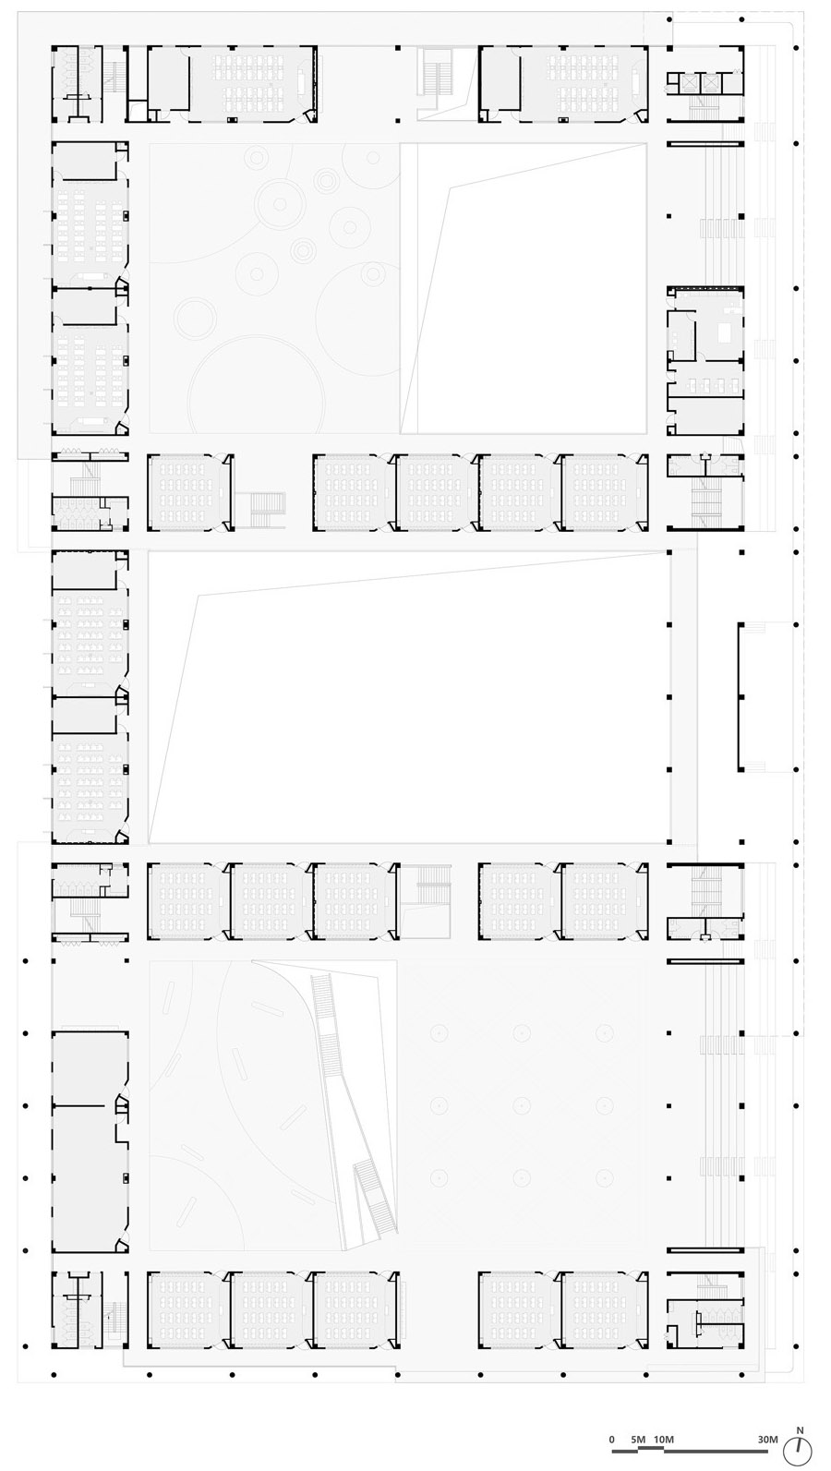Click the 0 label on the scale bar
(611, 1439)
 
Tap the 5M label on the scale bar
(637, 1439)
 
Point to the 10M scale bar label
(662, 1439)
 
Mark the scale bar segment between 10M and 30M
(717, 1450)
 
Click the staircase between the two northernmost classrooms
(432, 70)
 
